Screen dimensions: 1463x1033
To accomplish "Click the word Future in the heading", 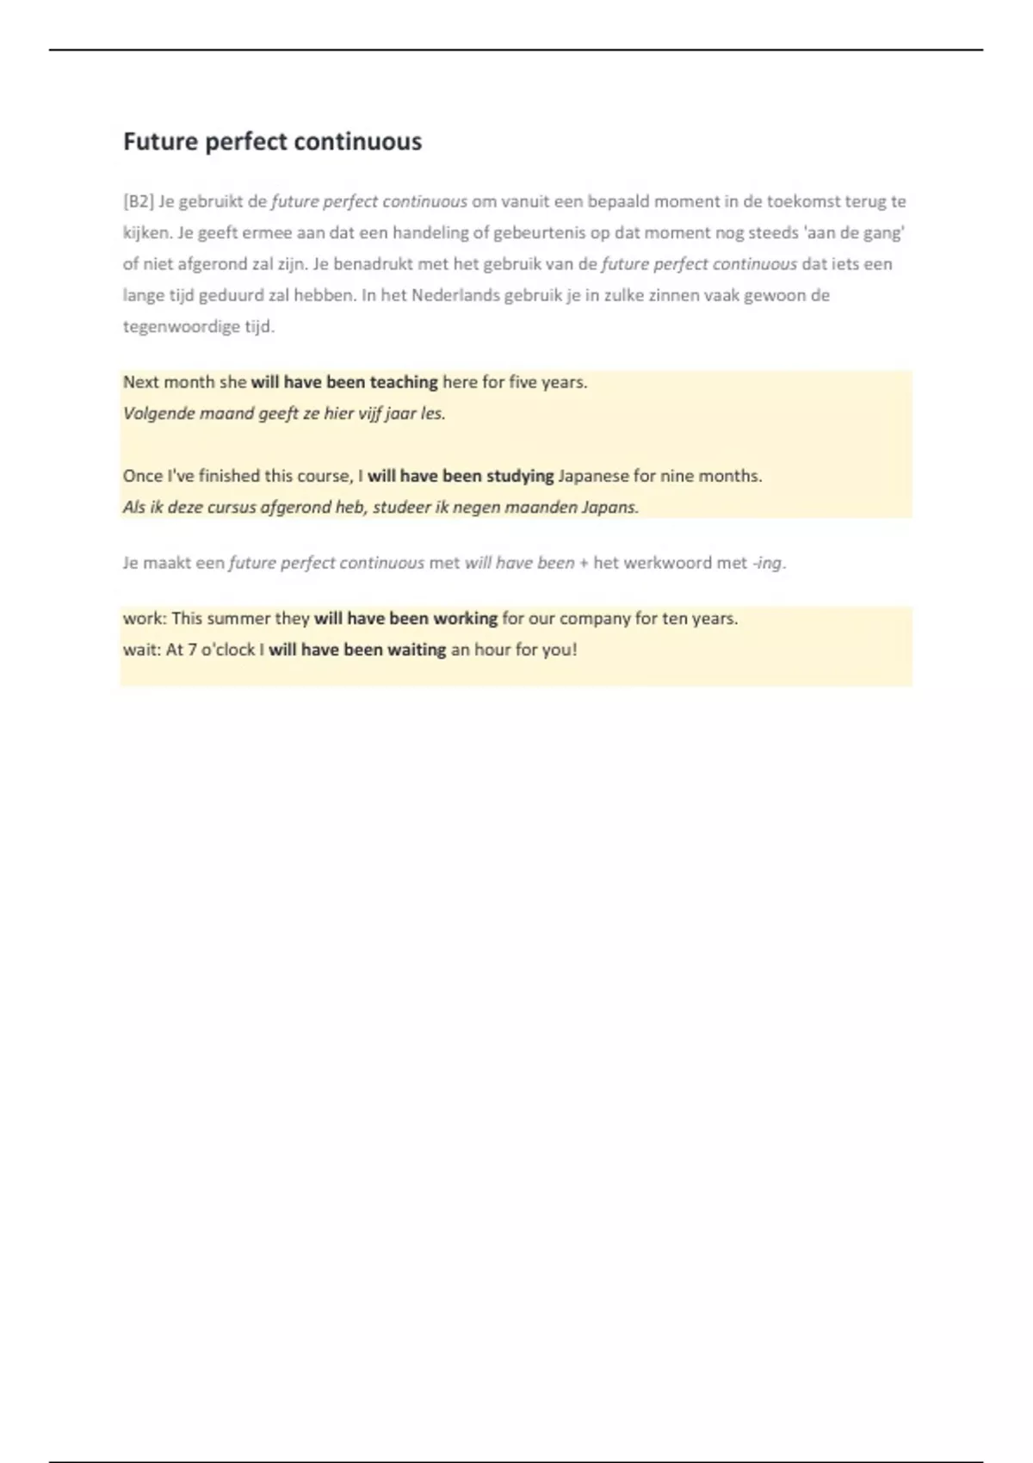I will (161, 141).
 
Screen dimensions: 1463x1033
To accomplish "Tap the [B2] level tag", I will (139, 201).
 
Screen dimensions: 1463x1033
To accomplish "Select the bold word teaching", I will (404, 382).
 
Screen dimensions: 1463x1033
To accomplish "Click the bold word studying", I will (520, 476).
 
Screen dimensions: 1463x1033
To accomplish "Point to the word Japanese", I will (594, 476).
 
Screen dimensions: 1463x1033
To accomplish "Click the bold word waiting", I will (417, 650).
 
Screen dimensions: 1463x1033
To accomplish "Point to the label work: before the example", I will (144, 619).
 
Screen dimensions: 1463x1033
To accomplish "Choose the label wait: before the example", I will (141, 650).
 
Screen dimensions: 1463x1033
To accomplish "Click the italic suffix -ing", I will (768, 563).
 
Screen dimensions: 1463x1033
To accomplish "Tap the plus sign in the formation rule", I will (584, 563).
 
